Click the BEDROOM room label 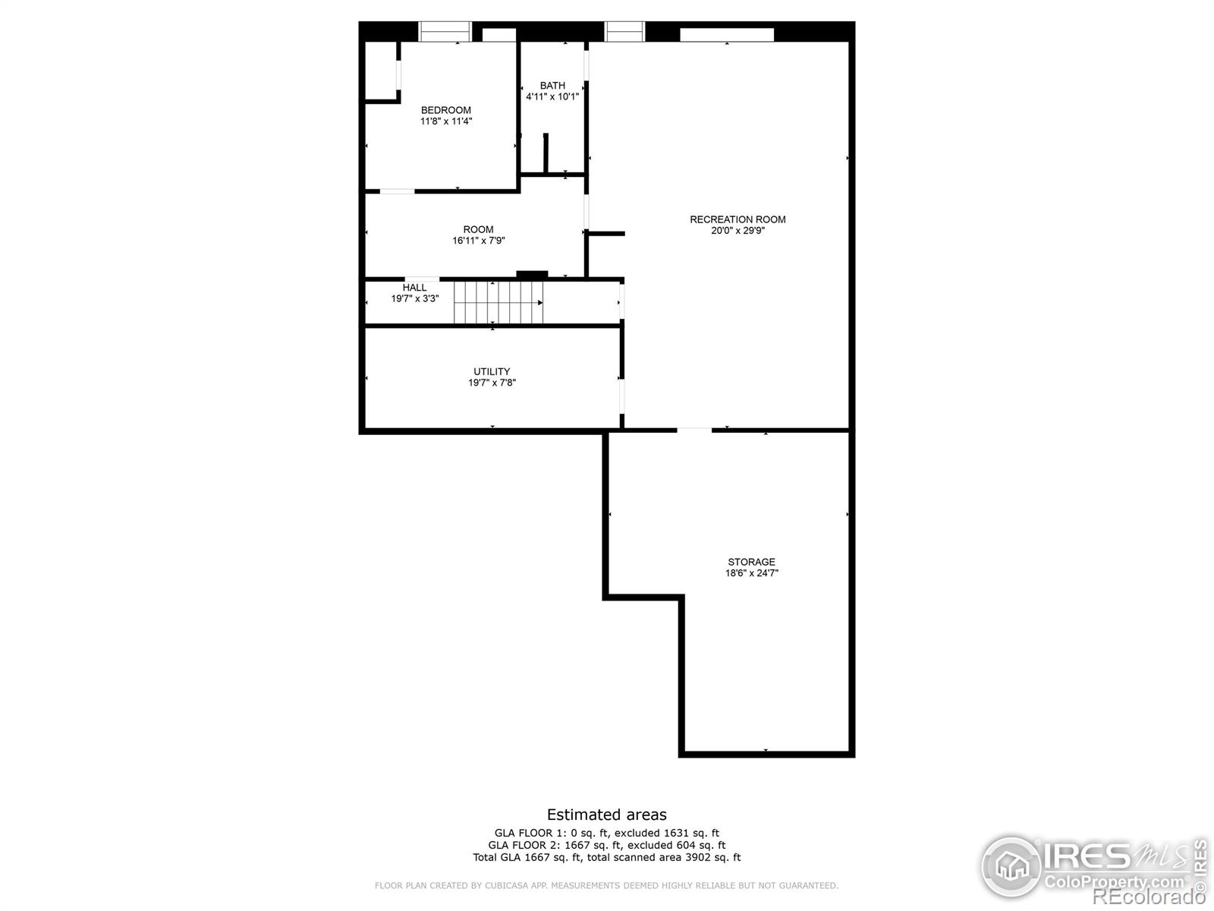[x=446, y=110]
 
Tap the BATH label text [x=552, y=86]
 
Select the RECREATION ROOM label [x=738, y=219]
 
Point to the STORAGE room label [x=751, y=562]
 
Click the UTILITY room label [x=492, y=372]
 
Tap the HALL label [x=414, y=288]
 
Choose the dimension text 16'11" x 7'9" [x=479, y=241]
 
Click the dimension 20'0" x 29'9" [x=738, y=231]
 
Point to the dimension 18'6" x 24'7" [x=752, y=573]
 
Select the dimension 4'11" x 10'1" [x=552, y=97]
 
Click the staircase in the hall [x=498, y=302]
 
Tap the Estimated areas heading [x=607, y=815]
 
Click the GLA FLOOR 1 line [x=607, y=833]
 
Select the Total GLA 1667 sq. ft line [x=607, y=857]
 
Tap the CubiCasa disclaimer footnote [x=607, y=885]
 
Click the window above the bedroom [x=445, y=32]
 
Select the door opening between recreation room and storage [x=694, y=429]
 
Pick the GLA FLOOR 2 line [x=607, y=845]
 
